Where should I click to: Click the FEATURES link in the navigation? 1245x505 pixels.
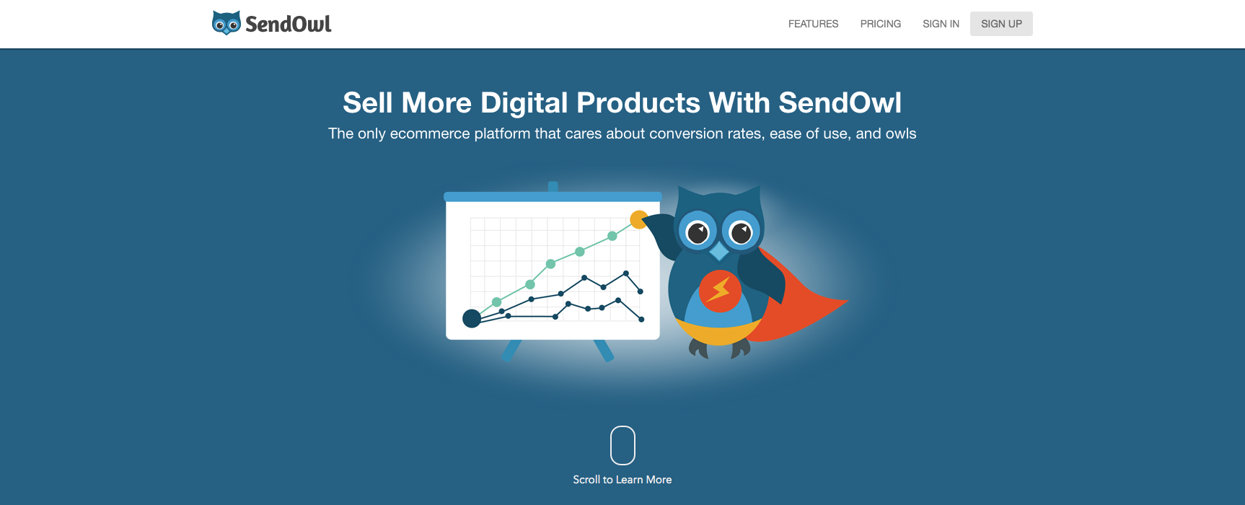click(813, 24)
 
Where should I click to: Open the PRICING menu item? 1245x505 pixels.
click(880, 24)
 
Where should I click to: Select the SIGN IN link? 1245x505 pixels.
click(941, 24)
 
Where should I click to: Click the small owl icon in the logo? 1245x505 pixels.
click(226, 23)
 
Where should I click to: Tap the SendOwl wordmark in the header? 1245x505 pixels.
click(289, 24)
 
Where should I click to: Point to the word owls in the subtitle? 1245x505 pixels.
click(901, 133)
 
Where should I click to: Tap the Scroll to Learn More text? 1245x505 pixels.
click(622, 480)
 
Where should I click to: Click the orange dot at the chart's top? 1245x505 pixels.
click(639, 219)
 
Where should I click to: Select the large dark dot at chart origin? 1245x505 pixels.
click(472, 318)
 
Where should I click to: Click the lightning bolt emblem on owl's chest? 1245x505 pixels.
click(719, 291)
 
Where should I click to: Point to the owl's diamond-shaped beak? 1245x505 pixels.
click(719, 251)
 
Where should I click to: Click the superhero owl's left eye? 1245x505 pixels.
click(698, 232)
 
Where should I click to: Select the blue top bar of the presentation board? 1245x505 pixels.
click(553, 196)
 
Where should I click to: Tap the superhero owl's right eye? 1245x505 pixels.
click(742, 232)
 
